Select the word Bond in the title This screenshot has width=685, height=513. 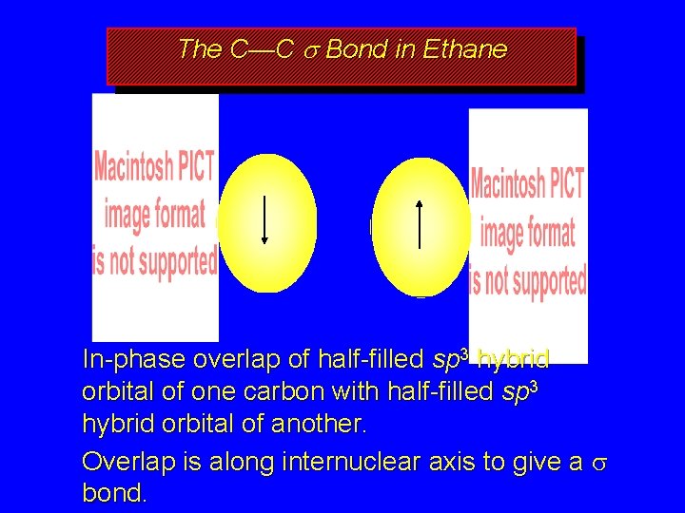coord(352,49)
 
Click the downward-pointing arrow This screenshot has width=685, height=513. coord(264,219)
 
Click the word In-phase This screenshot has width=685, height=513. coord(133,360)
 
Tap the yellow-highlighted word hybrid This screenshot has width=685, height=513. coord(513,360)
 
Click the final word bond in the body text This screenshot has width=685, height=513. coord(114,494)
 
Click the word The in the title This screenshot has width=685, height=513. coord(200,49)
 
